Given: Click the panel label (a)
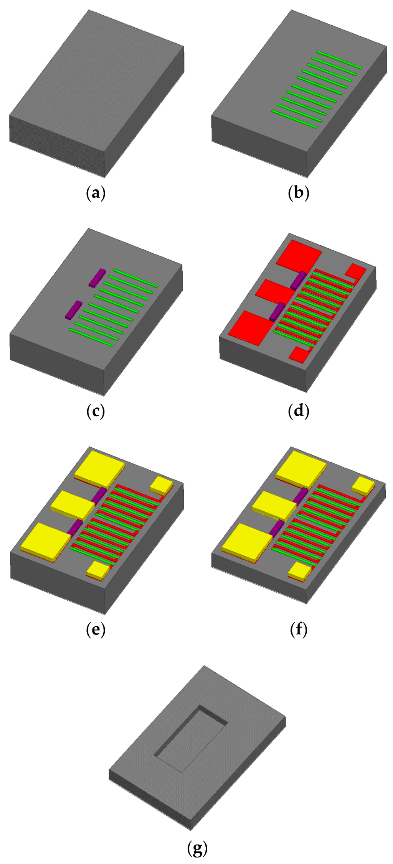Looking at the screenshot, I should [x=96, y=193].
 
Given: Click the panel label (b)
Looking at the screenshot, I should [x=298, y=193].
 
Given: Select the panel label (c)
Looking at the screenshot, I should [x=96, y=411].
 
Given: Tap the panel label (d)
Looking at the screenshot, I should [x=298, y=411].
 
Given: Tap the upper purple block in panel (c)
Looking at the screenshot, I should [x=97, y=278].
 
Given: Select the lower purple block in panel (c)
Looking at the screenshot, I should [x=73, y=310].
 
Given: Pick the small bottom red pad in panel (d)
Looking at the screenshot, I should [x=299, y=355].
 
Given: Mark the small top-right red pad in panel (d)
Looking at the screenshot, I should [x=355, y=271].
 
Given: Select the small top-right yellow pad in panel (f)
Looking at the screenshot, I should [x=363, y=485].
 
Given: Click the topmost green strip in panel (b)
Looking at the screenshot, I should [x=339, y=59].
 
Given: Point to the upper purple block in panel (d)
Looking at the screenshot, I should [x=298, y=280].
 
